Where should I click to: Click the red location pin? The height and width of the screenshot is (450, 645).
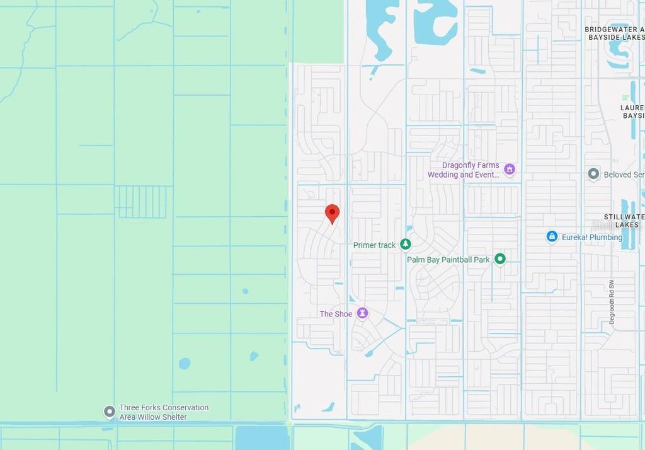click(332, 214)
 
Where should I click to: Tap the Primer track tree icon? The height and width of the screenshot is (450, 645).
click(406, 244)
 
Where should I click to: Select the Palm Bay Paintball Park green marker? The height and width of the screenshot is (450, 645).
click(500, 258)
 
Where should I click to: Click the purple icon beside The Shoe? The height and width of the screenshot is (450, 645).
click(362, 313)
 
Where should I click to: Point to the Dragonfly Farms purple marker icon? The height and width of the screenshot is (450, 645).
click(510, 169)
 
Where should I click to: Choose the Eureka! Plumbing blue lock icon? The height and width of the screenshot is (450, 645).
click(552, 236)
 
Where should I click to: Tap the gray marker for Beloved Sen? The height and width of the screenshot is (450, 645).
click(593, 173)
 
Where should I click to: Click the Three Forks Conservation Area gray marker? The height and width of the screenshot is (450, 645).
click(110, 412)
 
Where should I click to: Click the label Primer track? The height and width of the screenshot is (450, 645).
click(374, 245)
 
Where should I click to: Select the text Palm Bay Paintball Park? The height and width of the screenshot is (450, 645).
click(448, 260)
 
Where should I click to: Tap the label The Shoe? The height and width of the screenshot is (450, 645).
click(336, 314)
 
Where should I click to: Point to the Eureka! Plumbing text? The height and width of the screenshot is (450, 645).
click(591, 238)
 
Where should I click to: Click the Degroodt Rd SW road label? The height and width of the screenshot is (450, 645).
click(612, 303)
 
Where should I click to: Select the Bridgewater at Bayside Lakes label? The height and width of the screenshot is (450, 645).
click(614, 33)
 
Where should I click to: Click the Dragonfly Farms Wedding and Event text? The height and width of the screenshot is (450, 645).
click(464, 170)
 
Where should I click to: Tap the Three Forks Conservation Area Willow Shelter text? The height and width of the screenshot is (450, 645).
click(164, 412)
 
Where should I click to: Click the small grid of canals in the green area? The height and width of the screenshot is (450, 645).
click(142, 201)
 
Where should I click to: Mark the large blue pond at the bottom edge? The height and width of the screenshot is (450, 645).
click(262, 437)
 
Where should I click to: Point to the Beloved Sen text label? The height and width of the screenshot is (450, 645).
click(624, 175)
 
